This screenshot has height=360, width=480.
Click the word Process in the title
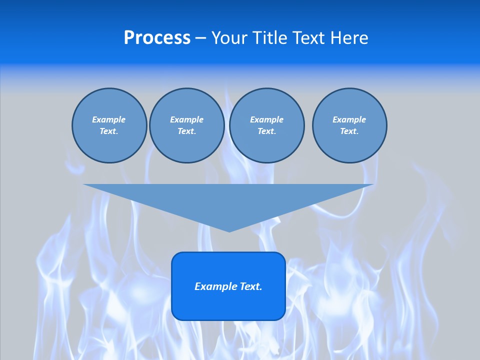157,38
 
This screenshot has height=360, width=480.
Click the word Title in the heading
268,38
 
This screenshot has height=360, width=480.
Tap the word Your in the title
229,38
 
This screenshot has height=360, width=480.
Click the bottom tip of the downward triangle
229,230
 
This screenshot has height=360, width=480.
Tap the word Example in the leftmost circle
109,119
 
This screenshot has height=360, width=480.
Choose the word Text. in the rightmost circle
349,131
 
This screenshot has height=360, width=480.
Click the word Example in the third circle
266,119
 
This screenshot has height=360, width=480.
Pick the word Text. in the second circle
186,131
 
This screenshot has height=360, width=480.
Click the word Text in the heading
308,38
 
